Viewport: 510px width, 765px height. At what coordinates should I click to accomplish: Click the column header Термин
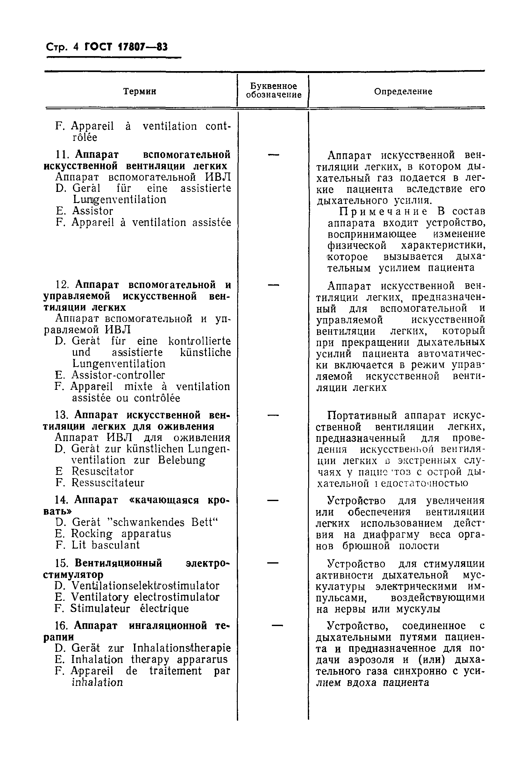(139, 91)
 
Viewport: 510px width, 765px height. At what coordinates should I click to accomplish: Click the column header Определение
(403, 91)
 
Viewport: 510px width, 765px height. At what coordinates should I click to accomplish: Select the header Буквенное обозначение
(273, 91)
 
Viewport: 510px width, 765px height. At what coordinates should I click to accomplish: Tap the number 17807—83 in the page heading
(143, 47)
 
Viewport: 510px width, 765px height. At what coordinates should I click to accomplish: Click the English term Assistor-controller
(118, 375)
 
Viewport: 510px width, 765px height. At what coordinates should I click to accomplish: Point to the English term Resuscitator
(103, 471)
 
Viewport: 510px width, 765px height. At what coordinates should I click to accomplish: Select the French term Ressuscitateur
(108, 483)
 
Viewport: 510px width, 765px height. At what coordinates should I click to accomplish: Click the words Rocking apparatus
(121, 534)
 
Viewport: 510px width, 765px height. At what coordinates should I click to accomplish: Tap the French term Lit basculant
(106, 545)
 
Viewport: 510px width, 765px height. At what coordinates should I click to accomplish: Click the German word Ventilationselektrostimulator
(145, 586)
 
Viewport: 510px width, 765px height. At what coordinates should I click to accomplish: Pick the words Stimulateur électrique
(130, 608)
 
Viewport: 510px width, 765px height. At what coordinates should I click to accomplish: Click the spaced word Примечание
(384, 212)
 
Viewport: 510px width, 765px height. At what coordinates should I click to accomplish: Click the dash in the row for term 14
(273, 500)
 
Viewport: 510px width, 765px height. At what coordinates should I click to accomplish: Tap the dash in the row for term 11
(273, 155)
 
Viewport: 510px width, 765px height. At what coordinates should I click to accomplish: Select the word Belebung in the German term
(182, 460)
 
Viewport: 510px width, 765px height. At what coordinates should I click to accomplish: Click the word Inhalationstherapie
(181, 648)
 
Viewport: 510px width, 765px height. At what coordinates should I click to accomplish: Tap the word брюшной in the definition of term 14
(366, 546)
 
